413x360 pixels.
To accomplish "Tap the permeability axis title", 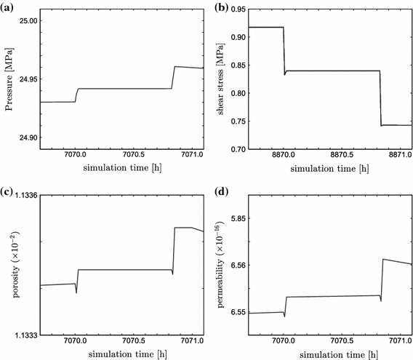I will (x=219, y=265).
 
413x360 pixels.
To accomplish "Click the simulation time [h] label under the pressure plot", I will (x=119, y=169).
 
